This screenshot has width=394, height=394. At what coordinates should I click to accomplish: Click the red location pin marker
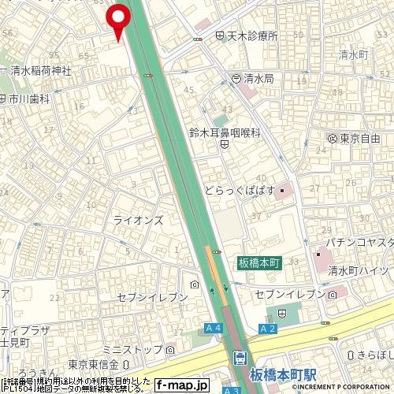(118, 19)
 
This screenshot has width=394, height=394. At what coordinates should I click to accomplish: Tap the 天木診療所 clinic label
(247, 36)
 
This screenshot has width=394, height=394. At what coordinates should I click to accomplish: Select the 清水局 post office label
(257, 78)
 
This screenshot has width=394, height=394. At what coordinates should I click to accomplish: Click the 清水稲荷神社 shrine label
(40, 70)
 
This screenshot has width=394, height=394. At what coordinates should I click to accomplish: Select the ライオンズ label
(138, 221)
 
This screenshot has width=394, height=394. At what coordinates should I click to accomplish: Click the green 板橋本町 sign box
(260, 262)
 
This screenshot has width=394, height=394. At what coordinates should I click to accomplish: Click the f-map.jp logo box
(180, 385)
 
